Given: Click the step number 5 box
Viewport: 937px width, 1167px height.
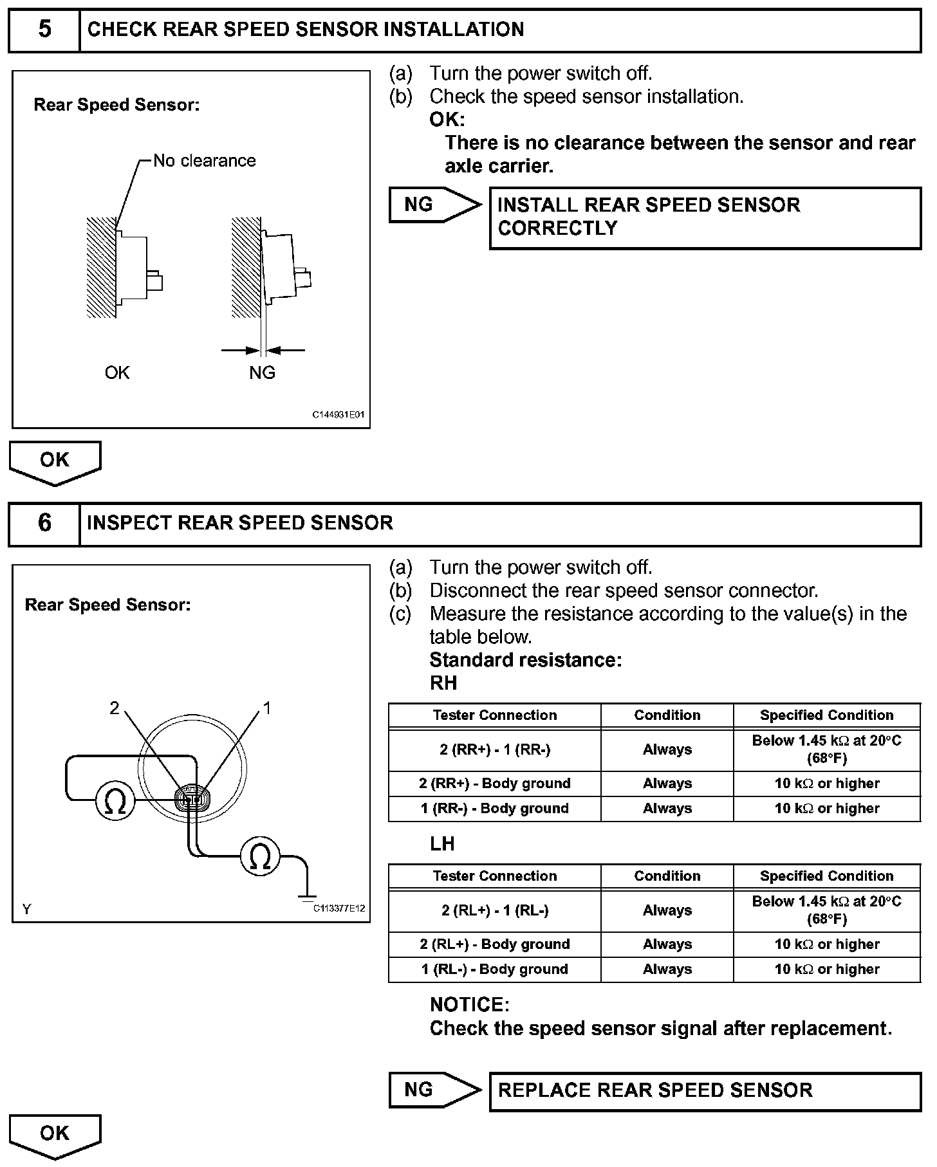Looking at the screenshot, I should pos(44,30).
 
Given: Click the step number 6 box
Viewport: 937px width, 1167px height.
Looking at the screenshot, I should pos(44,523).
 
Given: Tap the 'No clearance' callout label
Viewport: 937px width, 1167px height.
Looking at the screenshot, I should pos(204,161).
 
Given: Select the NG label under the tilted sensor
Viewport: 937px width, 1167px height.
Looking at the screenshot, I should pos(262,372).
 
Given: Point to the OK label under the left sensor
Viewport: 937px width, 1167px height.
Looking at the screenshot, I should pos(117,372).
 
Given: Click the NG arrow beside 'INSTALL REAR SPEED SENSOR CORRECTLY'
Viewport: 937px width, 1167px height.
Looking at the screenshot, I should pos(434,205).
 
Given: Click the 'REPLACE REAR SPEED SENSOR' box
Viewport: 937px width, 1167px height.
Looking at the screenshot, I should pos(705,1090).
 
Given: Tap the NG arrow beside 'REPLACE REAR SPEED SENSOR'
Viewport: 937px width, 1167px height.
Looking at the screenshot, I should pos(434,1090).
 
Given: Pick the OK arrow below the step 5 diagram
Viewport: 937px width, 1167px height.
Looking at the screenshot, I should pos(55,462).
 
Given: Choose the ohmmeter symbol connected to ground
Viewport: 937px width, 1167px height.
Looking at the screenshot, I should pos(261,858).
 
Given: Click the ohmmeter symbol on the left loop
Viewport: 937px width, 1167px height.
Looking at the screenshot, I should pos(115,802).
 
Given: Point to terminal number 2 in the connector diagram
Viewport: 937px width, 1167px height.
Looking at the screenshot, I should pos(115,708).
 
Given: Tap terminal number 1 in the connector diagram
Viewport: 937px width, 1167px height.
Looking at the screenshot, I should pos(267,708).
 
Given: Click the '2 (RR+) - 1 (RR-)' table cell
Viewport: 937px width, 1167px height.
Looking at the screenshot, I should pos(494,750).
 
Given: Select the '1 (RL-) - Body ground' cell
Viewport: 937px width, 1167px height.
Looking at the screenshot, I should pos(494,969).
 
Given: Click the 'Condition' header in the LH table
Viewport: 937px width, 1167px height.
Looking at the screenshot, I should pos(667,876).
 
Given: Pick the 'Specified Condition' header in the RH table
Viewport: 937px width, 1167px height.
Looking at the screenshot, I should pos(826,715).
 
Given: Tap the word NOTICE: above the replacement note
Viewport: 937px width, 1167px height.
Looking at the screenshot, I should pos(469,1005).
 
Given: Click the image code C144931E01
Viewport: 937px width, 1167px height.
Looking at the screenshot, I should pos(339,415).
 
